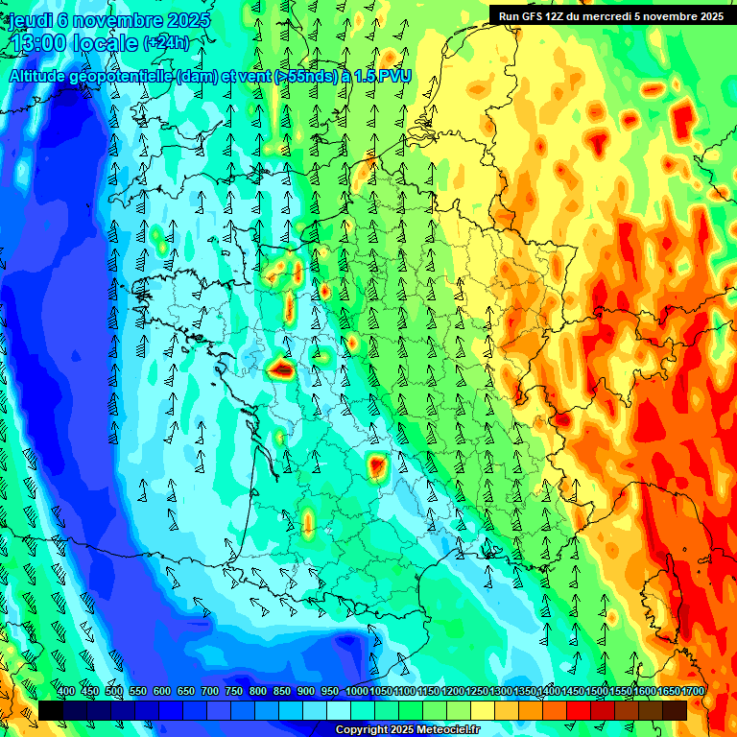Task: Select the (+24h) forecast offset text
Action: click(x=166, y=43)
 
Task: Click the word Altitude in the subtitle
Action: click(x=41, y=76)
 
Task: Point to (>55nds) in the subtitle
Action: click(x=301, y=76)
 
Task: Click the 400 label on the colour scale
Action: click(x=66, y=692)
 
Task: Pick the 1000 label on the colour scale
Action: click(x=357, y=692)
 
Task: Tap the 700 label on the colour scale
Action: click(x=210, y=692)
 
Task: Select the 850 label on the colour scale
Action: click(x=282, y=692)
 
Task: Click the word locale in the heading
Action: click(x=107, y=43)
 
